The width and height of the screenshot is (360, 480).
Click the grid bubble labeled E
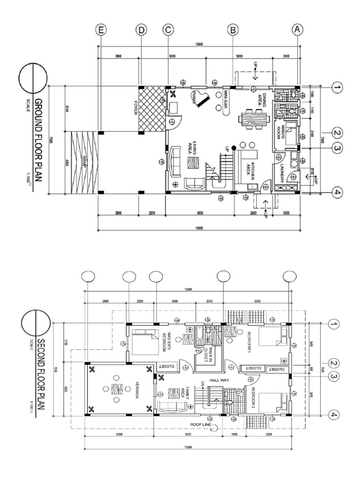click(100, 30)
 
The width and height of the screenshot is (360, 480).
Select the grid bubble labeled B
click(232, 30)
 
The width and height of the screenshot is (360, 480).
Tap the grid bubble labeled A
click(298, 30)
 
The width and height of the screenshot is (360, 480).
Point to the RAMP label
click(85, 162)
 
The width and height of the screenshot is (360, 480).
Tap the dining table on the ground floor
click(250, 117)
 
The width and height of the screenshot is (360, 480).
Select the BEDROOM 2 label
click(253, 397)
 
